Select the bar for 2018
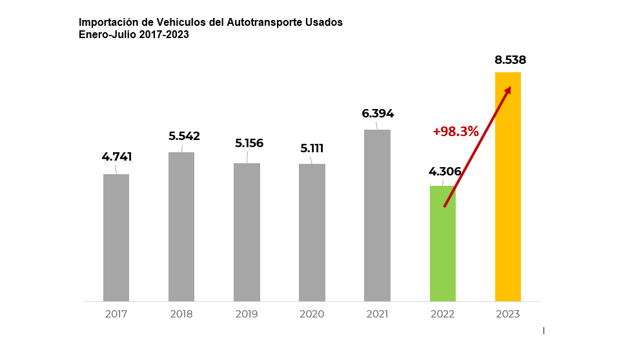coord(181,226)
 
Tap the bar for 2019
coord(247,232)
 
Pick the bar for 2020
coord(312,232)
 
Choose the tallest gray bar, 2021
coord(377,215)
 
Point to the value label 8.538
coord(511,60)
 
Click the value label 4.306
coord(445,172)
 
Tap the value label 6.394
coord(378,114)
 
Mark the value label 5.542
coord(184,136)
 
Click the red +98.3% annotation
coord(456,132)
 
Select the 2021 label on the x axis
coord(377,314)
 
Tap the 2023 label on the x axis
coord(508,314)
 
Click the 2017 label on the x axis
coord(116,314)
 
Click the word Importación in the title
coord(107,23)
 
